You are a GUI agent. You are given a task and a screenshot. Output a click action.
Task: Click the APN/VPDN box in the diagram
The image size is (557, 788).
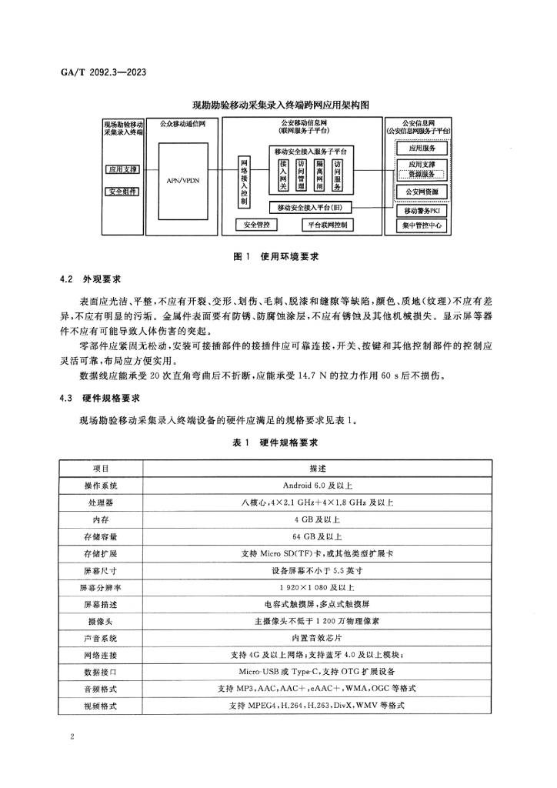click(182, 179)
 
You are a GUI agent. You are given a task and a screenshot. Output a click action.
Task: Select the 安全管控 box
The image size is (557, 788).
click(256, 225)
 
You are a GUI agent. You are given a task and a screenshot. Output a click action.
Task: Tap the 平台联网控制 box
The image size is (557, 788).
click(327, 225)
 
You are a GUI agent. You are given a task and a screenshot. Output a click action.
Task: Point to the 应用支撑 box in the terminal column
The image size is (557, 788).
click(122, 169)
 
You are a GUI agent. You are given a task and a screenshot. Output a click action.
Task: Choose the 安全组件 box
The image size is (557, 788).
click(122, 192)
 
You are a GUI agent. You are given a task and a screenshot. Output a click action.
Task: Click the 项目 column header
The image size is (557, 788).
click(101, 468)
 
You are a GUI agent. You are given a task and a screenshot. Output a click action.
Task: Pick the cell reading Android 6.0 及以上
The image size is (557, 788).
click(317, 486)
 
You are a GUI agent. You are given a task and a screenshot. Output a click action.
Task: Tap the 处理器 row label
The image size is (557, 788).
click(101, 503)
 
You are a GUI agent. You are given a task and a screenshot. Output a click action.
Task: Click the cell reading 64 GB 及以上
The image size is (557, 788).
click(317, 536)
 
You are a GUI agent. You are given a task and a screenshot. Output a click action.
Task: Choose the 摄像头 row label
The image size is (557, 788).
click(101, 621)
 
